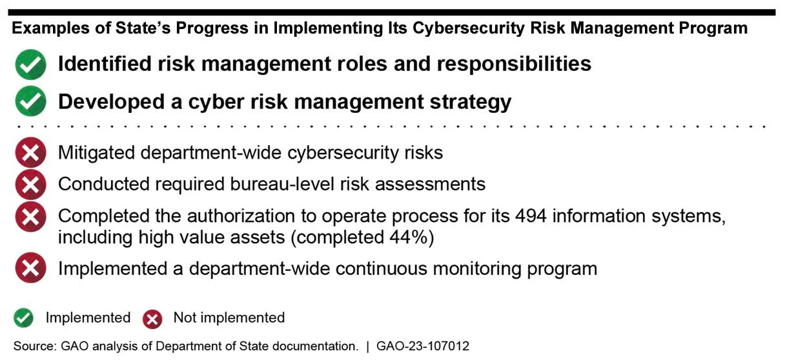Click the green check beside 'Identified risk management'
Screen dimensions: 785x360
pos(30,65)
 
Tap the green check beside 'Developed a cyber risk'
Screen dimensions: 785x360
pos(30,101)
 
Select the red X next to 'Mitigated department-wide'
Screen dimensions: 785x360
pos(30,152)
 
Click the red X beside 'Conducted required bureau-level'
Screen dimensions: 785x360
pos(30,185)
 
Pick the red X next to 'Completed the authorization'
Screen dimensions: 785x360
pos(30,216)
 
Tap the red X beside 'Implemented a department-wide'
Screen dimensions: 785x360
pos(30,268)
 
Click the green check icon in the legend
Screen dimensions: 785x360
pos(23,318)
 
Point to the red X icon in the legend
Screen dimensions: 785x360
pos(152,319)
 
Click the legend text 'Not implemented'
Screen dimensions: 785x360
pos(229,317)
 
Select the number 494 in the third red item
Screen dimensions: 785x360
pos(531,216)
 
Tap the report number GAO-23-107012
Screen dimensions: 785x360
pos(423,346)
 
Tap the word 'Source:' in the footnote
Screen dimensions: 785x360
pos(35,346)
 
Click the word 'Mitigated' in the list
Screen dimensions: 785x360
pos(96,153)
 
